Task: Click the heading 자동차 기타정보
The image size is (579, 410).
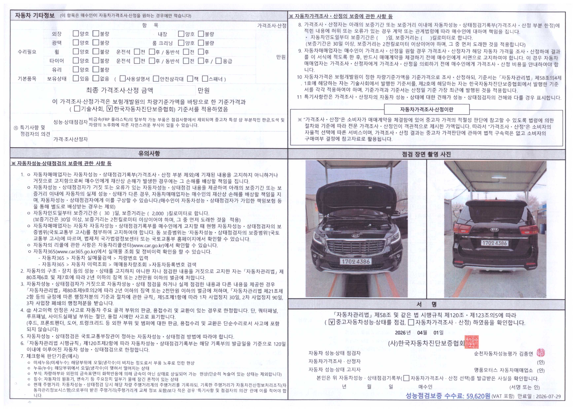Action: [x=35, y=15]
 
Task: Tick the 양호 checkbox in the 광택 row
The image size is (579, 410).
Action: [x=76, y=42]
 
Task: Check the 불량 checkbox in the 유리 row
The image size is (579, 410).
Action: [x=96, y=69]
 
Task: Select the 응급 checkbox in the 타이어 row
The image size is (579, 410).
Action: [x=219, y=61]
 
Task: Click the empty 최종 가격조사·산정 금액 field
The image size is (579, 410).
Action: [x=178, y=90]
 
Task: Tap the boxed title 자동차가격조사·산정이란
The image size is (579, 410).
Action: [x=427, y=110]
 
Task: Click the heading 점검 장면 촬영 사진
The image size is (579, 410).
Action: [x=426, y=154]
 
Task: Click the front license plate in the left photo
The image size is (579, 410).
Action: [x=356, y=261]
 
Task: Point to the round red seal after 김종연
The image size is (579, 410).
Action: [x=540, y=353]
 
